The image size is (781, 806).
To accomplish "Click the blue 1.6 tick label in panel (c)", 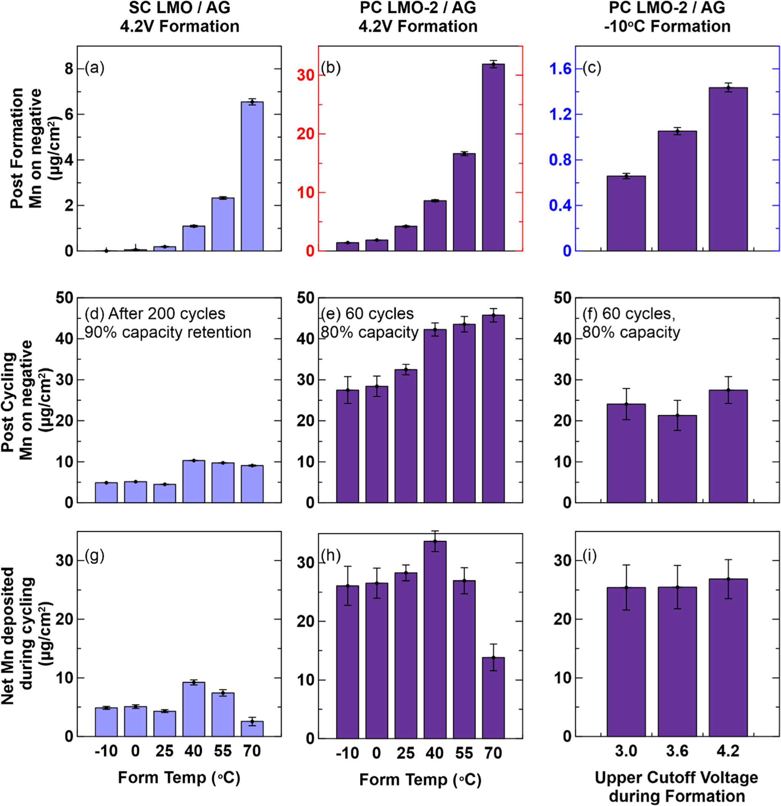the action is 560,69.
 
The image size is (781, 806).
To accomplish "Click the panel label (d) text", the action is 95,314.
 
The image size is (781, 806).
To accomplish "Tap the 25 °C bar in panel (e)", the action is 406,436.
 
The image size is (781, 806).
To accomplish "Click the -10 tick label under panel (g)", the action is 106,751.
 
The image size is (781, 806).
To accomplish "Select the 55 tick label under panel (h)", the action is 464,753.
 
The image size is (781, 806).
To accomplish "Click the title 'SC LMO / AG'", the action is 179,8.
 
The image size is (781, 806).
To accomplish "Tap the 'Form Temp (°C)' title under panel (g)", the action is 179,778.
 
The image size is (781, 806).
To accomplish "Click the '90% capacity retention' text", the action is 168,332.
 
